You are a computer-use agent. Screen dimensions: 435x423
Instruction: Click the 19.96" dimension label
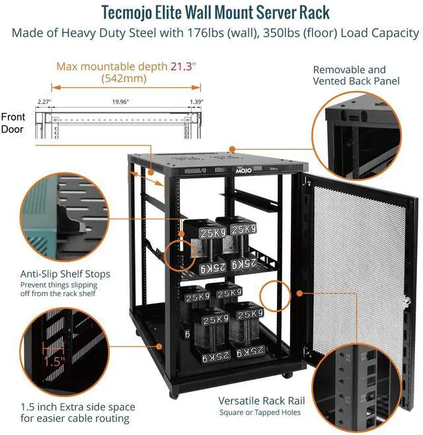pos(120,102)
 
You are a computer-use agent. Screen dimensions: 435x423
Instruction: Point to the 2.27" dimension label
pos(44,102)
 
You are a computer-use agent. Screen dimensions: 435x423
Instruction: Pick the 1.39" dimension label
pos(196,102)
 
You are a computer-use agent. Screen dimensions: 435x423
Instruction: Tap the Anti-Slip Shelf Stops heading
pos(65,274)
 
